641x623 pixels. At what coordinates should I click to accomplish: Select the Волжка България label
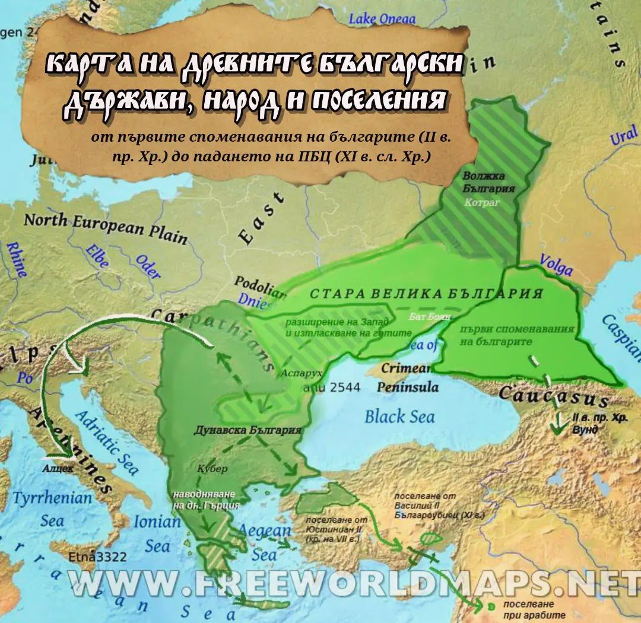click(x=488, y=182)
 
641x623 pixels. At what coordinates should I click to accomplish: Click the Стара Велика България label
click(x=427, y=294)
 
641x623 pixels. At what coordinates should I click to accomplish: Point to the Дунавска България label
click(x=245, y=430)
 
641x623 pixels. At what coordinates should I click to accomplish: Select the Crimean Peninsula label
click(x=409, y=377)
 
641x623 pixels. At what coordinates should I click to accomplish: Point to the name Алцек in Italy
click(x=58, y=468)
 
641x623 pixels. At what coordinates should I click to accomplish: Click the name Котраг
click(x=488, y=202)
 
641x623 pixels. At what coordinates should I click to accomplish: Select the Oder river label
click(x=148, y=266)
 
